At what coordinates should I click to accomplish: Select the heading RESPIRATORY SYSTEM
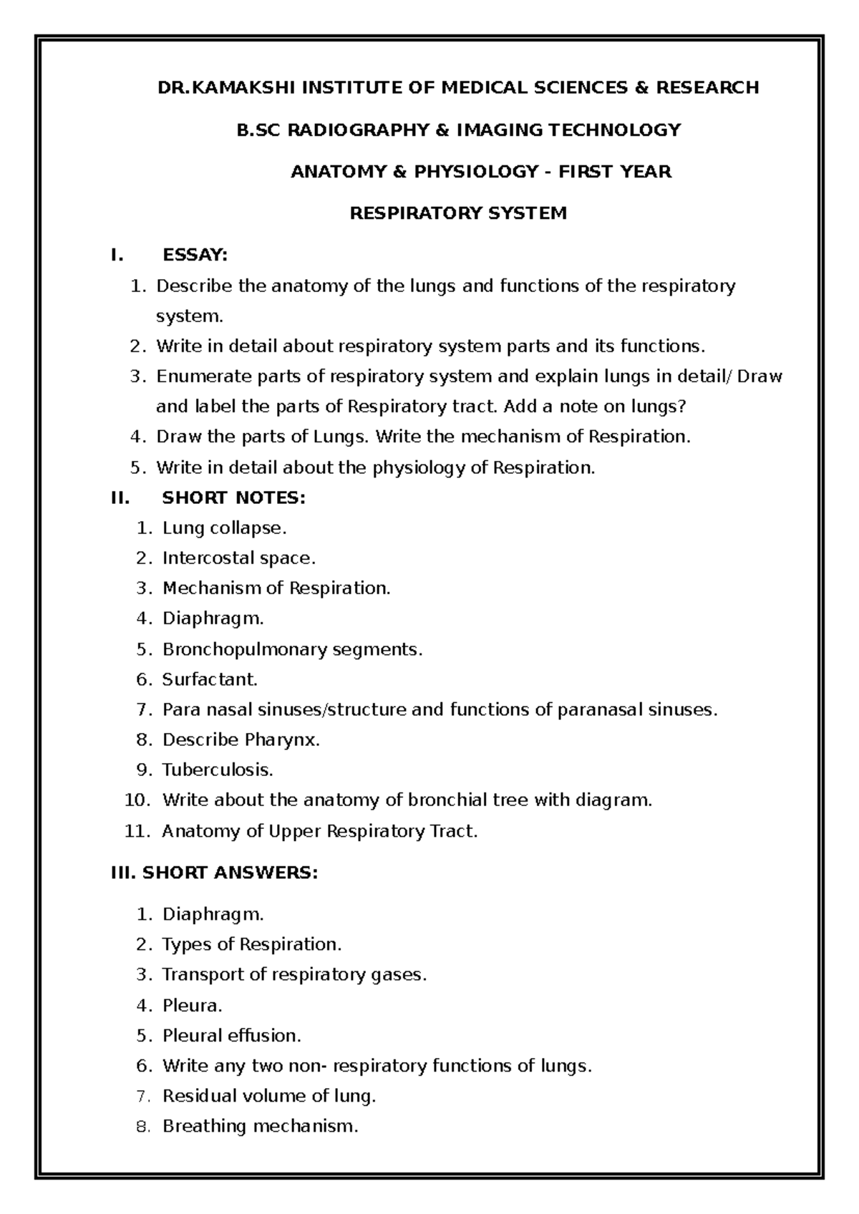[458, 213]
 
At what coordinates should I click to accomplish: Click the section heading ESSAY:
[195, 256]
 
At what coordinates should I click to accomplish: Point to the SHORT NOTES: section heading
[234, 497]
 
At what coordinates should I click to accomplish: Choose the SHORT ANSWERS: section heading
[214, 873]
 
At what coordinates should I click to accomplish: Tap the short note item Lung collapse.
[224, 528]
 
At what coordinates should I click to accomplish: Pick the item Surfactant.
[210, 679]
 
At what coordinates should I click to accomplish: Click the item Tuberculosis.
[218, 770]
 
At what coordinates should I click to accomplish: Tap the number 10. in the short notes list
[137, 800]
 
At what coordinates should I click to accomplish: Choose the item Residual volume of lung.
[269, 1096]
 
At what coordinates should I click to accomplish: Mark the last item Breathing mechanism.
[260, 1126]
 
